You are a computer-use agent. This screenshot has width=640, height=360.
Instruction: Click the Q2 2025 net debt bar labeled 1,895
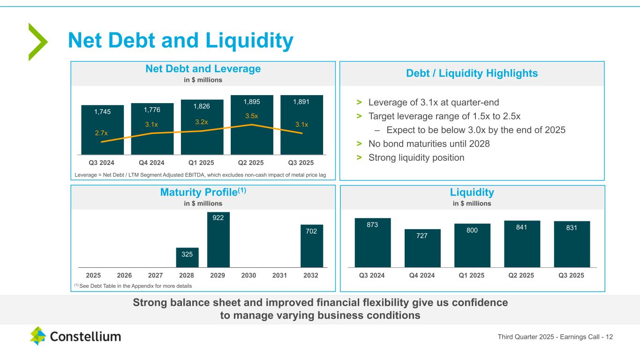252,125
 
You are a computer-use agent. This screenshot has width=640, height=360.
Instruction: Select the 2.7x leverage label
101,134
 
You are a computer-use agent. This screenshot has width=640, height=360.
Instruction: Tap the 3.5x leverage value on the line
252,116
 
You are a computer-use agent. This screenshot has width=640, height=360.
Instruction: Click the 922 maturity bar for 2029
218,240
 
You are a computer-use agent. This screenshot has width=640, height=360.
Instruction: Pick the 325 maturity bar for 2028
188,257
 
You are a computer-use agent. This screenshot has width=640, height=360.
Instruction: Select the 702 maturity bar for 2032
312,246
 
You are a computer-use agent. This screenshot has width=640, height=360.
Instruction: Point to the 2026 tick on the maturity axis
124,275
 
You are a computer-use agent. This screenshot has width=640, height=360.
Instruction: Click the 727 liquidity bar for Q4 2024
422,248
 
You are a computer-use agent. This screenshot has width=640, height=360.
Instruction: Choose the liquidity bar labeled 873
373,242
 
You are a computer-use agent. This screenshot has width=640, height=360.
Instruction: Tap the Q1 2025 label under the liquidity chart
472,275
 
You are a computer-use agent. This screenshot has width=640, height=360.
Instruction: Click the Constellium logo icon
38,336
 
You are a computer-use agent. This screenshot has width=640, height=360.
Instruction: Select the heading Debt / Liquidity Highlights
472,74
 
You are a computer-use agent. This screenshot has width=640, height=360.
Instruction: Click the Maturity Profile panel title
203,192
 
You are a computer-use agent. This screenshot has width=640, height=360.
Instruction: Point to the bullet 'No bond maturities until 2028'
429,144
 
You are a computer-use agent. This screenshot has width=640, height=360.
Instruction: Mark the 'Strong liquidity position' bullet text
416,157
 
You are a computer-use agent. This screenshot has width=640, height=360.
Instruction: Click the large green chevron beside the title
38,42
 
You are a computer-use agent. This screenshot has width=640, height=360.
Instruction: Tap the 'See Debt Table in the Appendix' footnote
133,285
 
